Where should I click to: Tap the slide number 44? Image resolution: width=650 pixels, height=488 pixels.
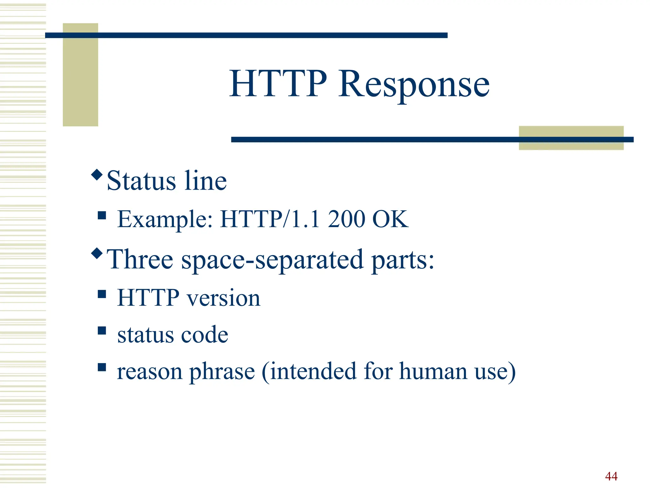pos(611,476)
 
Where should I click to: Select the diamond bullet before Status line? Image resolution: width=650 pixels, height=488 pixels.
pos(97,175)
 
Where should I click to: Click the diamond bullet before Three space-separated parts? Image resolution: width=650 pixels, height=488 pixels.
pos(97,253)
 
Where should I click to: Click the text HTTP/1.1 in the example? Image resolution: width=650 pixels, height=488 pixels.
pos(270,219)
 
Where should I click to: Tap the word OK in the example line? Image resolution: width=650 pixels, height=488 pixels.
pos(390,219)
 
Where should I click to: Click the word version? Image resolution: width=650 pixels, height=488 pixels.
pos(223,298)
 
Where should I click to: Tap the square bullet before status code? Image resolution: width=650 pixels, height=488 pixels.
pos(102,331)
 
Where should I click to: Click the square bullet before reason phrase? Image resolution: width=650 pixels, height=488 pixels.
pos(102,367)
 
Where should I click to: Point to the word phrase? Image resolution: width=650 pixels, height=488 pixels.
pos(222,372)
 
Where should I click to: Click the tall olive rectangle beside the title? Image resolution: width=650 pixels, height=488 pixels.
pos(80,75)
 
